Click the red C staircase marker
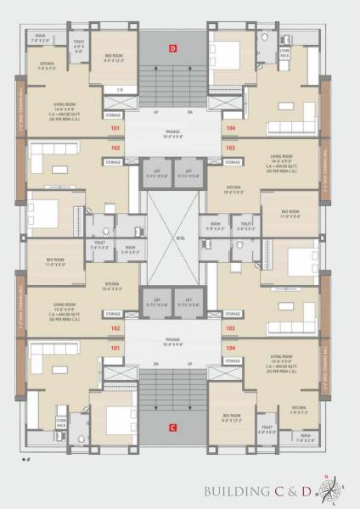click(173, 426)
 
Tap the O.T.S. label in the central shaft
click(180, 237)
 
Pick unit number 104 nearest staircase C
click(230, 348)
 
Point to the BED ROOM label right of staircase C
click(231, 417)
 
